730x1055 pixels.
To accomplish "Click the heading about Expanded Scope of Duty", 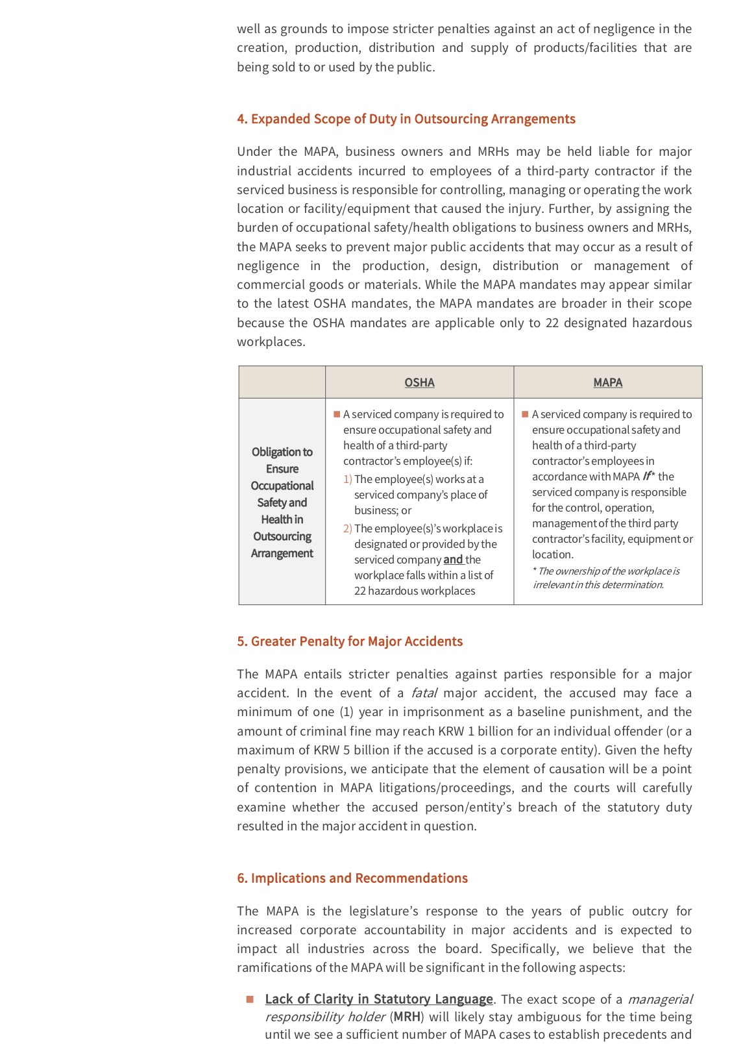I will (406, 119).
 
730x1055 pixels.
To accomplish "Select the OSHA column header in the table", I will (419, 382).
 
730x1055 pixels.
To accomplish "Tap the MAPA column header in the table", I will (607, 382).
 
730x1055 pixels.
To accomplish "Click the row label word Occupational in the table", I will (282, 486).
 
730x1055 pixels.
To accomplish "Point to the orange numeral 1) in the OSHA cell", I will (348, 479).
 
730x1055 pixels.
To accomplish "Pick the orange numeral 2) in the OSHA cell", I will (348, 528).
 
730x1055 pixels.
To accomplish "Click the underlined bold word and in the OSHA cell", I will (453, 560).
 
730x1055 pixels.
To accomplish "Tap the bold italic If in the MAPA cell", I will (646, 477).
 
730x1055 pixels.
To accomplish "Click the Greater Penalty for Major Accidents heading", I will (350, 641).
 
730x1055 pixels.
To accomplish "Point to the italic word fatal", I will (424, 693).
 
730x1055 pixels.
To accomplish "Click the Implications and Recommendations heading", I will (352, 878).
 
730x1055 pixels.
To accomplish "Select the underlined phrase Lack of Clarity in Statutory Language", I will (379, 999).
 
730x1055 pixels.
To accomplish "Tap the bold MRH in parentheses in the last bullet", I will (408, 1017).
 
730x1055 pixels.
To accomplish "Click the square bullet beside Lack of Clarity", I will (250, 999).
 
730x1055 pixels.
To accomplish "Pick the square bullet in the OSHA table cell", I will (337, 414).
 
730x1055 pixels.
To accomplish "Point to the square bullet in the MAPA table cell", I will (525, 414).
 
